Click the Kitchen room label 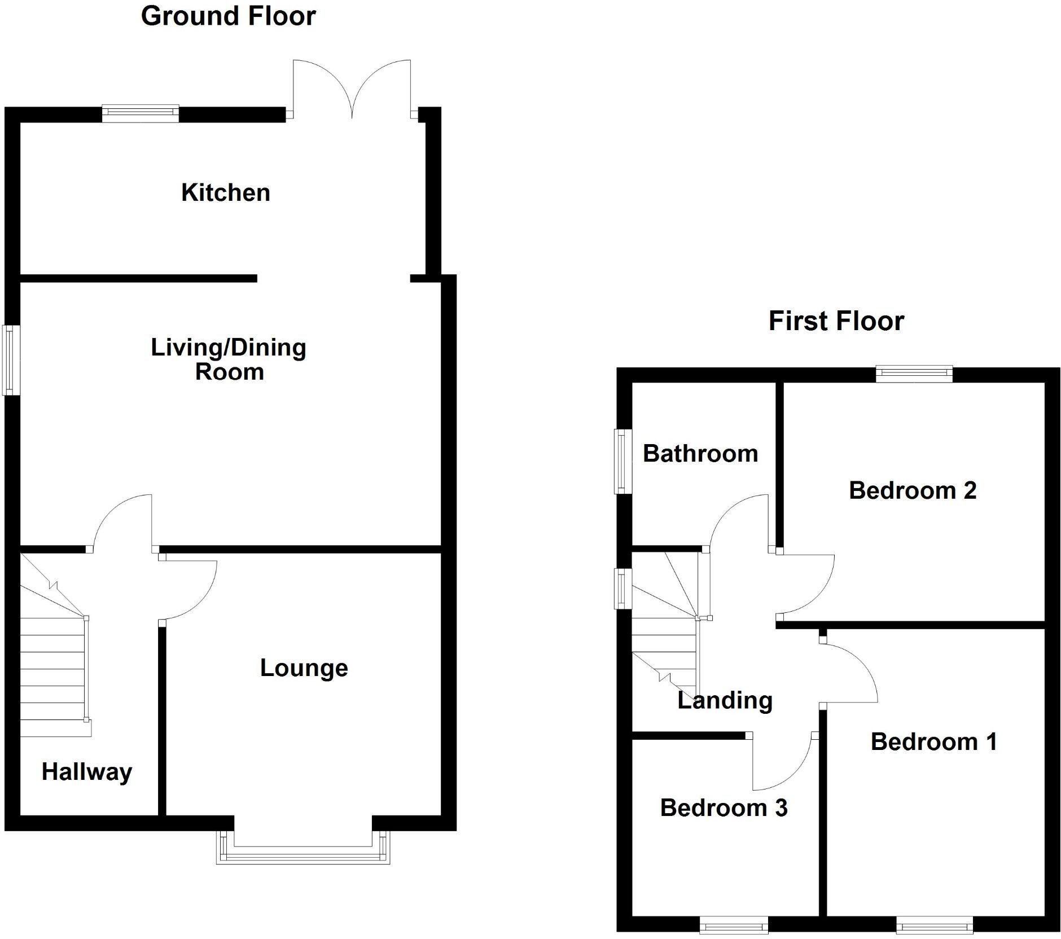225,193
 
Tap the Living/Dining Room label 229,359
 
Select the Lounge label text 304,668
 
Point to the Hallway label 87,771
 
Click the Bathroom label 700,454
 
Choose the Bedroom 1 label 934,741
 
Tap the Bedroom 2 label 913,490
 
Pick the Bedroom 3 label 724,808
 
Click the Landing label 725,700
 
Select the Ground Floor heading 228,16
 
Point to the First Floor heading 836,321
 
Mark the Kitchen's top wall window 141,114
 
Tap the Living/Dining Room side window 11,359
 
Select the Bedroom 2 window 914,374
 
